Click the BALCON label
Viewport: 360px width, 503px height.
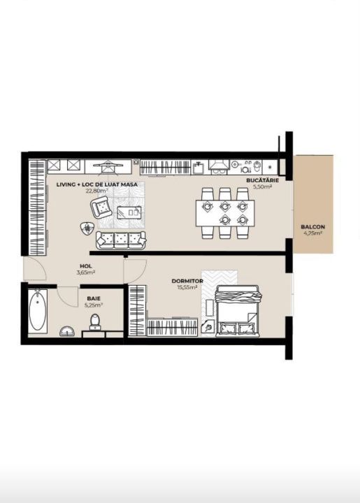312,227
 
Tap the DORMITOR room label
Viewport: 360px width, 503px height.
187,281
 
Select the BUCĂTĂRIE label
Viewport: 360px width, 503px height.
262,180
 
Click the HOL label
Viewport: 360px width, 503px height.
86,266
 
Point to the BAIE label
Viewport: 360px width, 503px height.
94,299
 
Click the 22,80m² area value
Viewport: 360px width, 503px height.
96,191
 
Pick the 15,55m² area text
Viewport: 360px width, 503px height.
187,287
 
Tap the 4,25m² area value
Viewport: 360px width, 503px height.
312,233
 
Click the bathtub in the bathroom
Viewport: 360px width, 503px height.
38,310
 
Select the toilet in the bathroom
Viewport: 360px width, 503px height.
94,322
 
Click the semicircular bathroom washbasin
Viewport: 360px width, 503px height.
66,332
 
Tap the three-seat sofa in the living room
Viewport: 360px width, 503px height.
121,240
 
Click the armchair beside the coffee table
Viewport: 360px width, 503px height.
101,207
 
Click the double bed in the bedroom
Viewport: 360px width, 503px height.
237,311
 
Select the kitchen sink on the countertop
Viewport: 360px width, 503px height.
199,167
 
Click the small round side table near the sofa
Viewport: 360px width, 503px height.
86,228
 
